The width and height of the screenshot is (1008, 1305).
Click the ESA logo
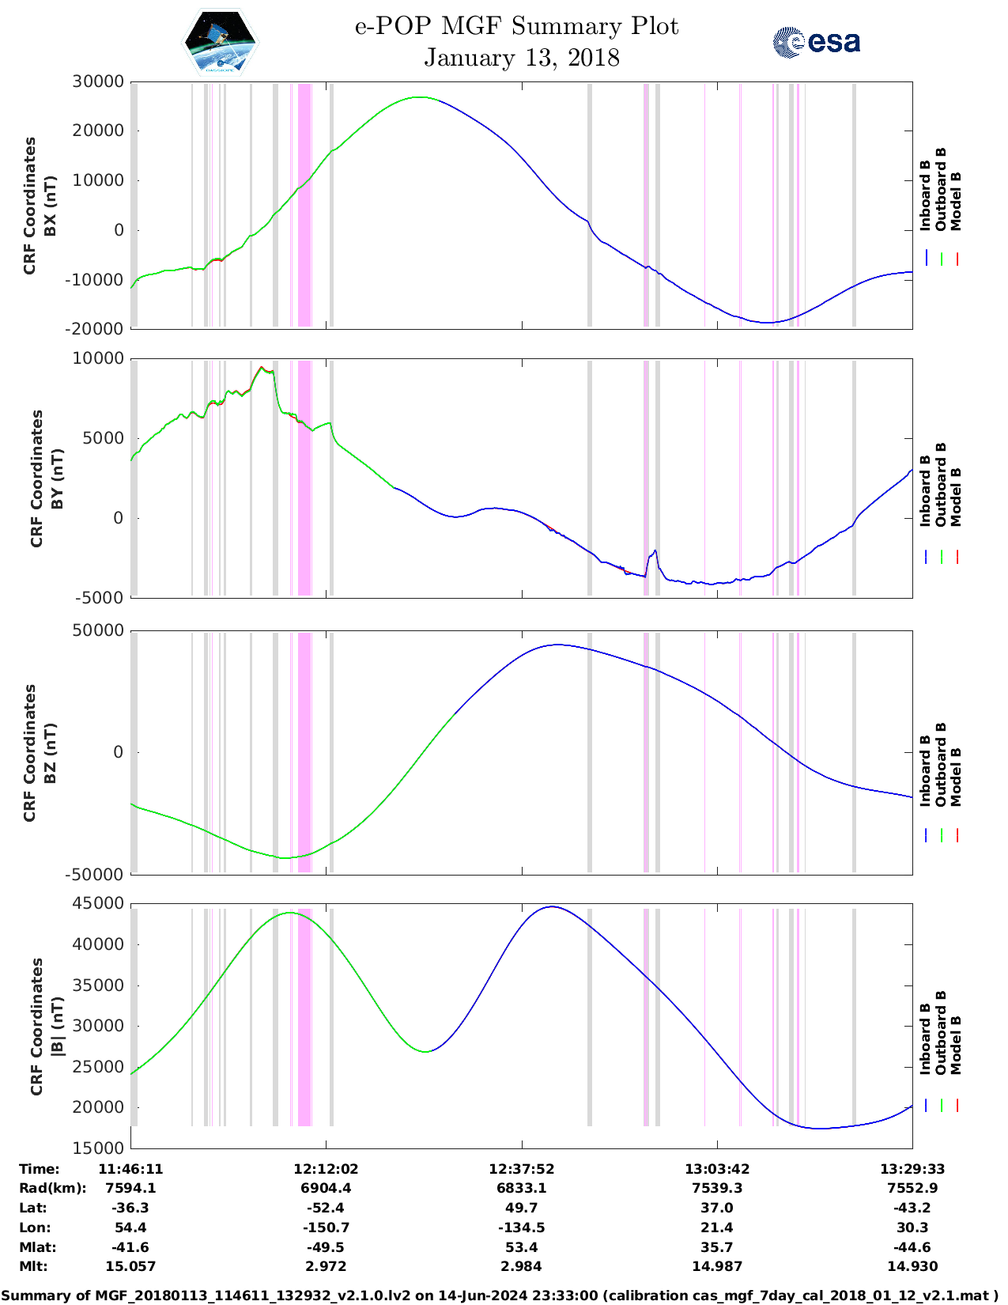click(817, 42)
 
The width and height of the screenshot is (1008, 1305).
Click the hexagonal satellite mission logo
click(221, 42)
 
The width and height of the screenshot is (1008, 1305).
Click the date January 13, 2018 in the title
click(521, 58)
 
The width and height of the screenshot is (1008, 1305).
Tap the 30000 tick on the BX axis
click(98, 81)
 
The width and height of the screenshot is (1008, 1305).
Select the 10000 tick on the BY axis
click(98, 358)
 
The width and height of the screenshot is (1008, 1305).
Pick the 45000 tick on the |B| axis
click(98, 903)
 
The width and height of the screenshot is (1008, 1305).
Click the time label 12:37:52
click(521, 1168)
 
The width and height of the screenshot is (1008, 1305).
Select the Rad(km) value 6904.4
click(326, 1188)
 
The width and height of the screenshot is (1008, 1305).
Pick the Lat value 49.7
click(521, 1208)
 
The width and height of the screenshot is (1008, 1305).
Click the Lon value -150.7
click(326, 1227)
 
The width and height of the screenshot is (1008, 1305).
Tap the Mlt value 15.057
click(130, 1266)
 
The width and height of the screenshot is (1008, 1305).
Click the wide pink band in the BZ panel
click(304, 751)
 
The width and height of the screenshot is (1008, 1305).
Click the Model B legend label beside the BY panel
click(956, 497)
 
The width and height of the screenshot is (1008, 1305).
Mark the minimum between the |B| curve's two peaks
click(425, 1051)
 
